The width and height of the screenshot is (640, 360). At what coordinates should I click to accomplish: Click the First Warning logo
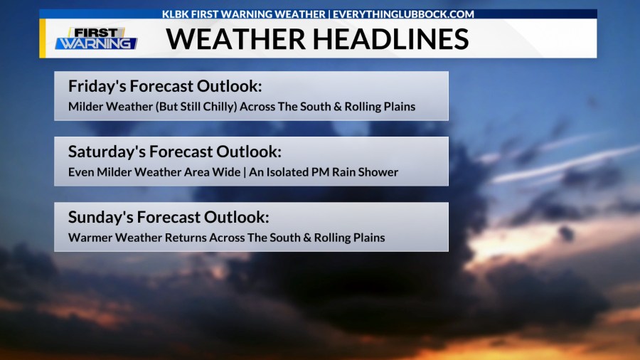pyautogui.click(x=96, y=38)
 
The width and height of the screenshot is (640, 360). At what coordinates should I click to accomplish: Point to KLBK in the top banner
pyautogui.click(x=175, y=14)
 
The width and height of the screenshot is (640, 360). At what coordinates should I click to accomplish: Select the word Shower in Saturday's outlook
pyautogui.click(x=378, y=172)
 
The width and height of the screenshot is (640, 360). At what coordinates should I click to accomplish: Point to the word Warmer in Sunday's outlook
pyautogui.click(x=90, y=238)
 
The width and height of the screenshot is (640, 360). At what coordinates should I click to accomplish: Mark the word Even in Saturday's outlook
pyautogui.click(x=80, y=172)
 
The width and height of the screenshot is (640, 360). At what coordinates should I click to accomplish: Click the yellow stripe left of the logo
pyautogui.click(x=43, y=38)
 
